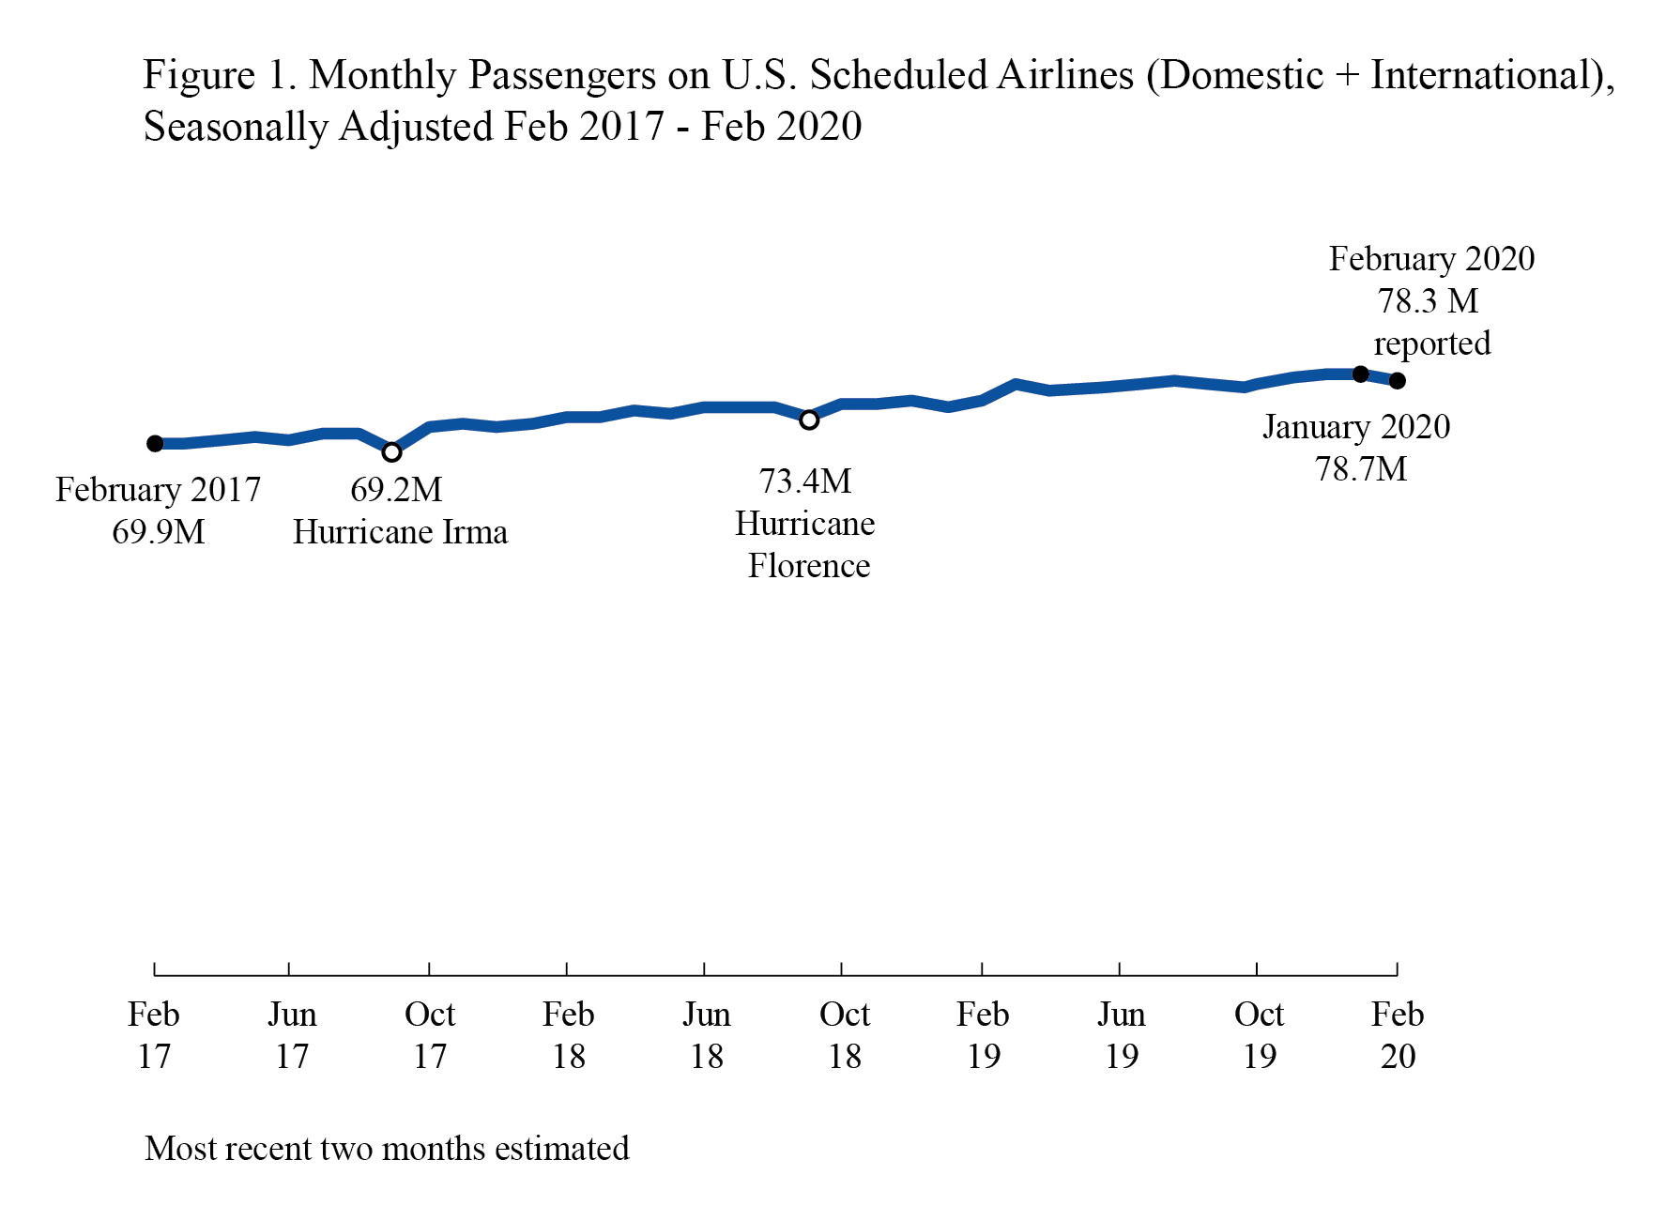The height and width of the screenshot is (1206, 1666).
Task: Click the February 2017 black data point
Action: point(155,443)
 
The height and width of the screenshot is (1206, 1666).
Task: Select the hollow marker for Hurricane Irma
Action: point(392,452)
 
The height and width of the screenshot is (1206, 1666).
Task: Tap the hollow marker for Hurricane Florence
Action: point(809,420)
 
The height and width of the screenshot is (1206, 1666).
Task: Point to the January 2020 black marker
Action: point(1360,374)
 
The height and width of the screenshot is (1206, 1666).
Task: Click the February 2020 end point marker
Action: point(1398,380)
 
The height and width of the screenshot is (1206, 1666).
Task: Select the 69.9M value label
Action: point(158,532)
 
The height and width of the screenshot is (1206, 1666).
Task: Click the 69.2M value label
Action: point(396,490)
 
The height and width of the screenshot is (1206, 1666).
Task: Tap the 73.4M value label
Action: point(805,481)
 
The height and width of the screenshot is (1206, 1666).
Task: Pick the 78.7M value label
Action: point(1361,469)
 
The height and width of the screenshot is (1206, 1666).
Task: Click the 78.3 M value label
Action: point(1428,301)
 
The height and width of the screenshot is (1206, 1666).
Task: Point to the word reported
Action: point(1432,343)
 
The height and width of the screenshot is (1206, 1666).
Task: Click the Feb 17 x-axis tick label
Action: point(154,1034)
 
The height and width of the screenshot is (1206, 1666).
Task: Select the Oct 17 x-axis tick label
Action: point(430,1034)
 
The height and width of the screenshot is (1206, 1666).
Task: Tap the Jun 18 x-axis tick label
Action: point(706,1034)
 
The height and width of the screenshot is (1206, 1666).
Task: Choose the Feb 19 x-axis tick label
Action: point(983,1034)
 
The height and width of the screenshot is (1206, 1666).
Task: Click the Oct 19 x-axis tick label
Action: point(1259,1034)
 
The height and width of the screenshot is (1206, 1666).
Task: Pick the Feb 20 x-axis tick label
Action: point(1398,1034)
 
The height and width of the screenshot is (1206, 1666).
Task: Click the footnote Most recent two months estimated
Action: point(387,1149)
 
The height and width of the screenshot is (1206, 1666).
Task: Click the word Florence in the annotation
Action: point(809,566)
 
